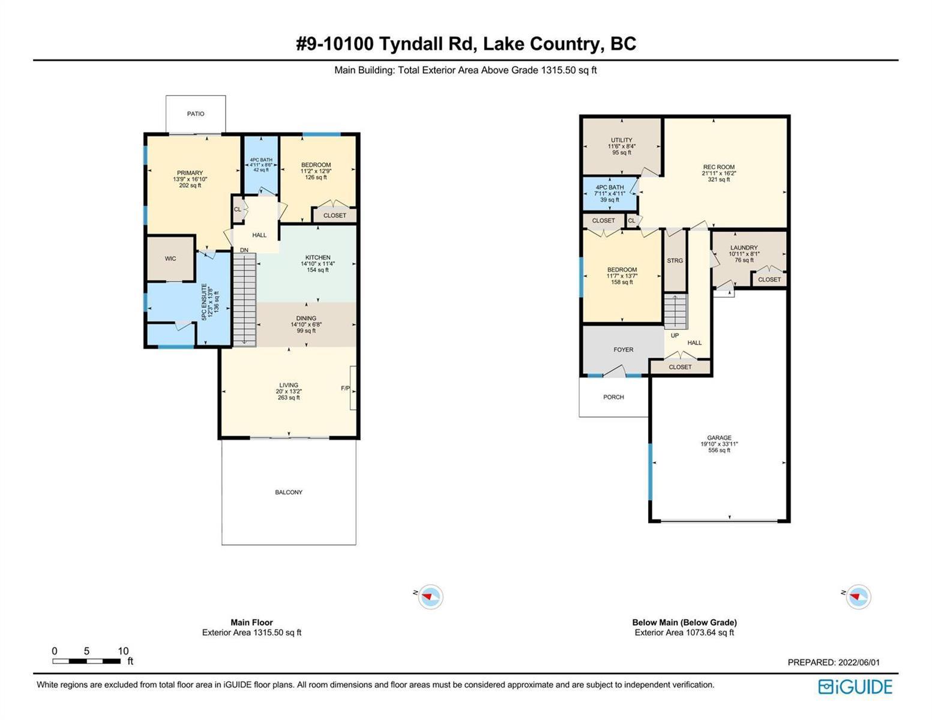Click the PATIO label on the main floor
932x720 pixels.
pos(196,113)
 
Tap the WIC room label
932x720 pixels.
pos(170,259)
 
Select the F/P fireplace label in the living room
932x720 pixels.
pos(345,388)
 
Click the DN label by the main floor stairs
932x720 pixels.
pos(244,250)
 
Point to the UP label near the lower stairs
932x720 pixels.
pos(675,335)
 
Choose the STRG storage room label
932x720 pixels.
pos(675,261)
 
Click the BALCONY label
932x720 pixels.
pos(289,492)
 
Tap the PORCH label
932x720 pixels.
pos(613,397)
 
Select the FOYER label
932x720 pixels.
pos(623,350)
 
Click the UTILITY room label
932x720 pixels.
pos(622,140)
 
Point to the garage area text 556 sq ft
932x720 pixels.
pos(720,450)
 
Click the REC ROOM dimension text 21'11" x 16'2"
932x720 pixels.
pos(719,173)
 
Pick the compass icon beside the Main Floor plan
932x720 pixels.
pos(430,596)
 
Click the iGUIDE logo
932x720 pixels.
pos(856,687)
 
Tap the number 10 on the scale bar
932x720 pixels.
pos(123,651)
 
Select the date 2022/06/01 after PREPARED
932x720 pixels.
pos(859,662)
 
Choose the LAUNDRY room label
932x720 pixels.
pos(744,247)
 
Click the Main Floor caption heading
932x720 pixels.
pos(252,622)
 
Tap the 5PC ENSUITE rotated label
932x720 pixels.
pos(204,301)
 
